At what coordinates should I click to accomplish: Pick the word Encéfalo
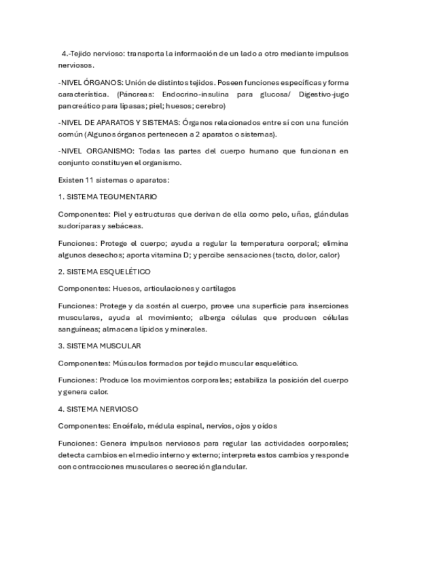coord(127,426)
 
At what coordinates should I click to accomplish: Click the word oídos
coord(266,426)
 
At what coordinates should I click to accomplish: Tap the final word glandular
coord(227,467)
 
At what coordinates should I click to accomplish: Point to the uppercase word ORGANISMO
coord(111,151)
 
